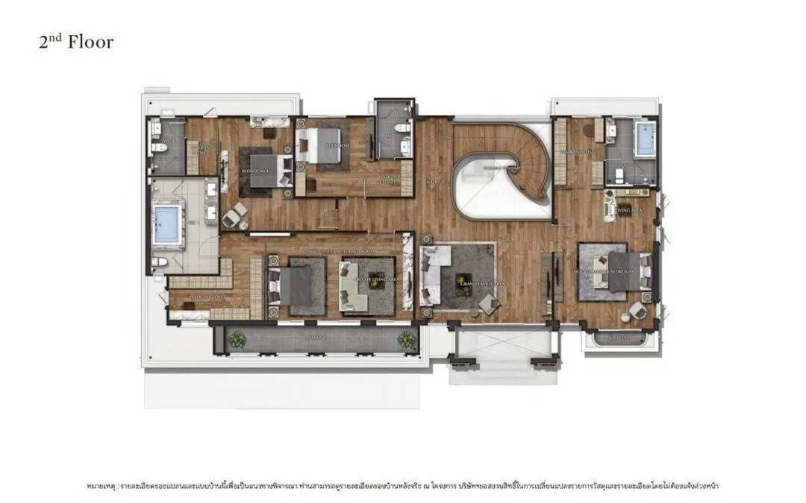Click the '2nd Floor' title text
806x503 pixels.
76,42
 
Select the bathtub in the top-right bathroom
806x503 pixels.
645,139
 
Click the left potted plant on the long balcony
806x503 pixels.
237,339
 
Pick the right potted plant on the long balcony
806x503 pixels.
406,339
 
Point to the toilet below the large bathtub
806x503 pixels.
159,262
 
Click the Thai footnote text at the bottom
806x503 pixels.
402,486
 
